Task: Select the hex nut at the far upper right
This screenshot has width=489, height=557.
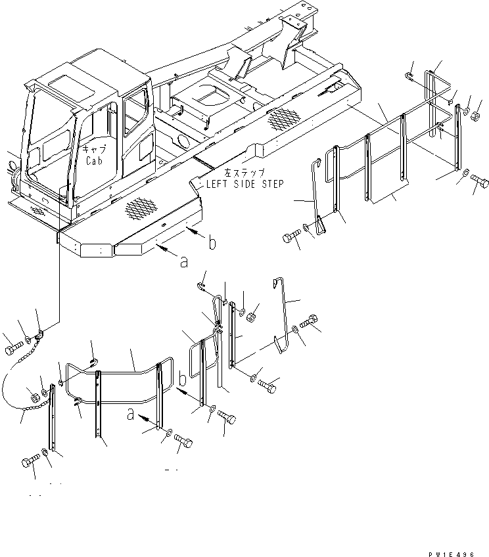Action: tap(474, 116)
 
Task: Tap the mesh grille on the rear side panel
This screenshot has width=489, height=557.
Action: tap(283, 118)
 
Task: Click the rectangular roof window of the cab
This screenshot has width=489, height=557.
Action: tap(62, 83)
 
